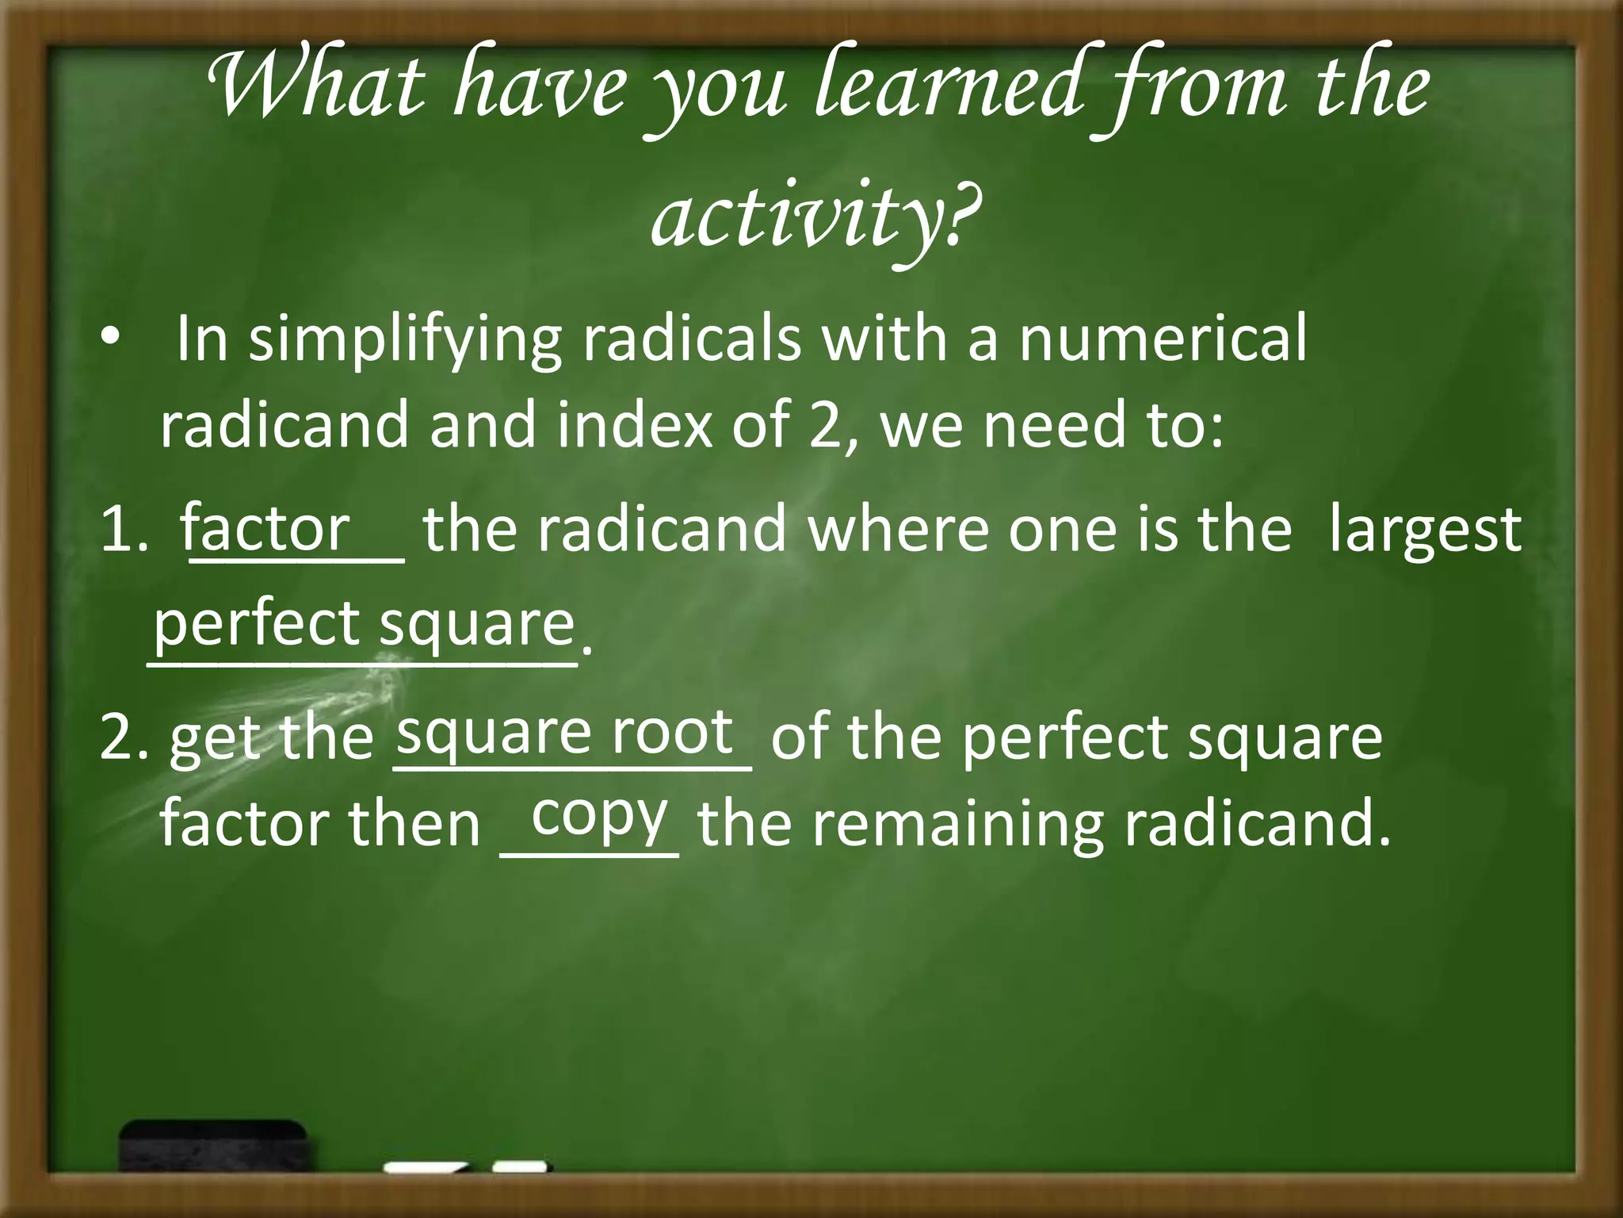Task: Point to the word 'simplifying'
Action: [x=405, y=341]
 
